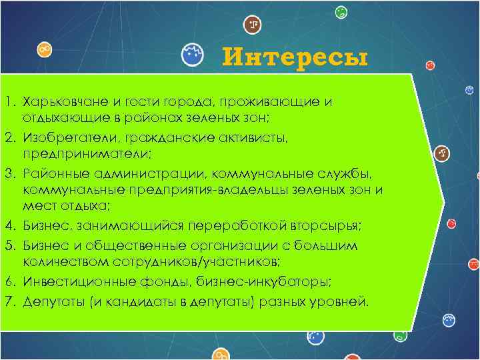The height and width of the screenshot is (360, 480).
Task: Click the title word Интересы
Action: pyautogui.click(x=295, y=57)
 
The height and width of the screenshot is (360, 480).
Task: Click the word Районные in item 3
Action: pyautogui.click(x=51, y=174)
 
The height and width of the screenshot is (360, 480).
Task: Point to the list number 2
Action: pyautogui.click(x=10, y=137)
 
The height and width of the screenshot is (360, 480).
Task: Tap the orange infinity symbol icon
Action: pyautogui.click(x=45, y=49)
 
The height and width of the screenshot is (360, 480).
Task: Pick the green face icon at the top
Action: pyautogui.click(x=341, y=11)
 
